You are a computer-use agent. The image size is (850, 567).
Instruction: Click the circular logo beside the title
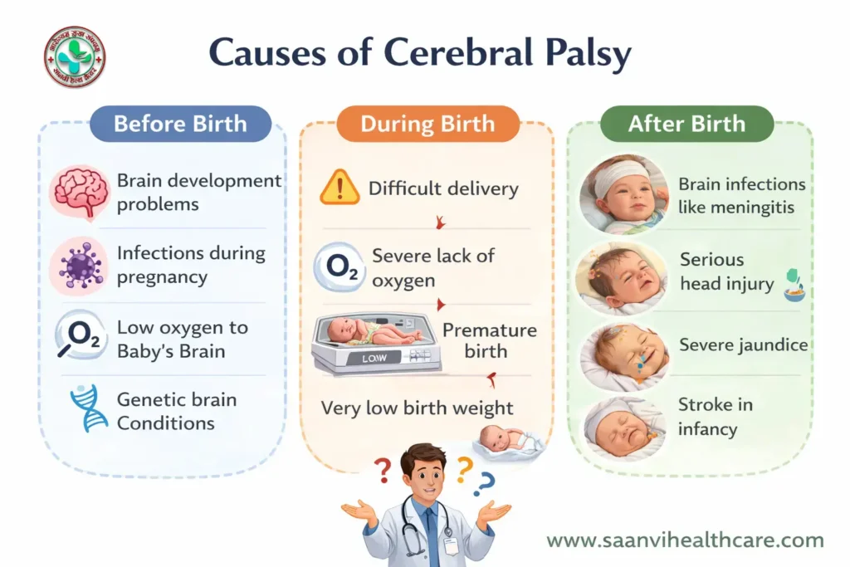tap(75, 57)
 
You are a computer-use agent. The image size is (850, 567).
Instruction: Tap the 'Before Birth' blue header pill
tap(180, 124)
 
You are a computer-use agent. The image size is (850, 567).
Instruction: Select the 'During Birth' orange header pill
tap(427, 125)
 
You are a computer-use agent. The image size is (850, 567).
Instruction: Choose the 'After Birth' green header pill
tap(686, 124)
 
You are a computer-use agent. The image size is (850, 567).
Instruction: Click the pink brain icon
tap(80, 191)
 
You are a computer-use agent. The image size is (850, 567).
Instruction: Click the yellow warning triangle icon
tap(340, 188)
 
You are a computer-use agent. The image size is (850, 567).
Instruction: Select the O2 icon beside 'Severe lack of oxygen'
tap(340, 268)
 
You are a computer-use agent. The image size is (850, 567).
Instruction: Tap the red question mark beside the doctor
tap(383, 472)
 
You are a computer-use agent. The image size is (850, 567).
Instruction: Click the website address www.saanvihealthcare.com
tap(685, 540)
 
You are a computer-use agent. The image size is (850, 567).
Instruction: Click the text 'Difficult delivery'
tap(443, 188)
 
